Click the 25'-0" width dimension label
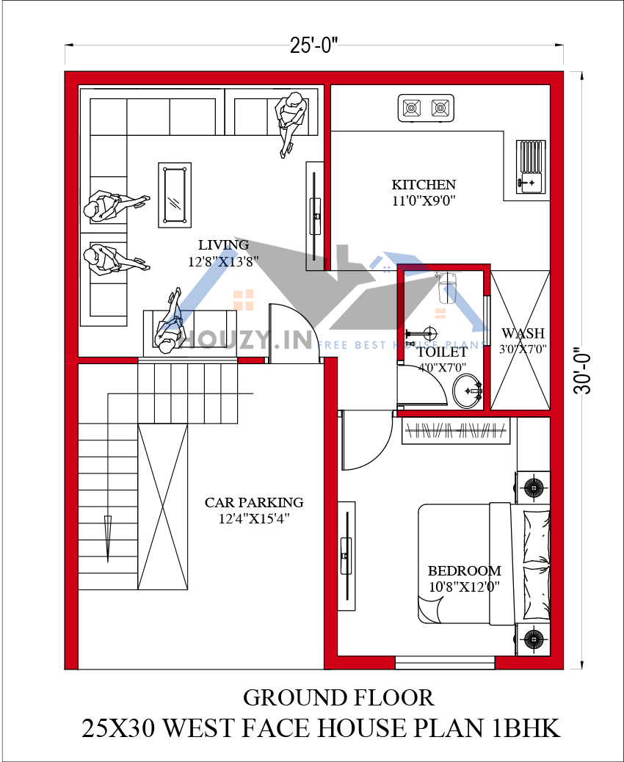click(x=314, y=47)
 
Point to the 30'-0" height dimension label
click(x=583, y=370)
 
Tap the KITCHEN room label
click(x=424, y=185)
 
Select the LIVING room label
click(x=224, y=244)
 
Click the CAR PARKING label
click(x=254, y=502)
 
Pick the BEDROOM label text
click(x=464, y=570)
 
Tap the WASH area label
click(x=523, y=333)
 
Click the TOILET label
click(x=442, y=352)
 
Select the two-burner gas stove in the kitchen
click(x=426, y=108)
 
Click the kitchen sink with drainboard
click(x=531, y=166)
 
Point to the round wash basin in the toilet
click(x=468, y=391)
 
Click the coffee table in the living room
click(x=175, y=195)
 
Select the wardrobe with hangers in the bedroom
click(x=456, y=431)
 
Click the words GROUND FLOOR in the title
click(x=338, y=698)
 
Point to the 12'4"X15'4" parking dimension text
click(x=254, y=518)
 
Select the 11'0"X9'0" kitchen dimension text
click(x=424, y=200)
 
